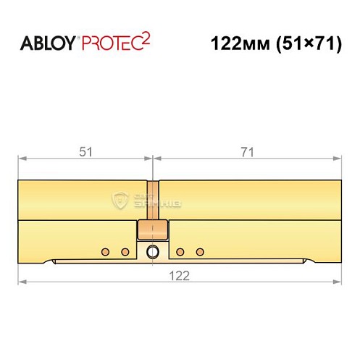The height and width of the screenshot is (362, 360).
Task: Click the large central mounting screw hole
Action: click(x=152, y=252)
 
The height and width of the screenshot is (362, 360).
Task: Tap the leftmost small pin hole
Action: click(x=106, y=252)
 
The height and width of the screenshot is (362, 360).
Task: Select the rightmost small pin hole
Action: click(x=199, y=252)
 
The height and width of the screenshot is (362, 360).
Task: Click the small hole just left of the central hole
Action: click(x=125, y=252)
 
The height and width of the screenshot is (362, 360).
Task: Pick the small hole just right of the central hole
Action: click(x=180, y=252)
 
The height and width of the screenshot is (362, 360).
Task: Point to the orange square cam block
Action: click(x=151, y=231)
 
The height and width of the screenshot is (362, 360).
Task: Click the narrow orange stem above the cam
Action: click(x=151, y=200)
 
